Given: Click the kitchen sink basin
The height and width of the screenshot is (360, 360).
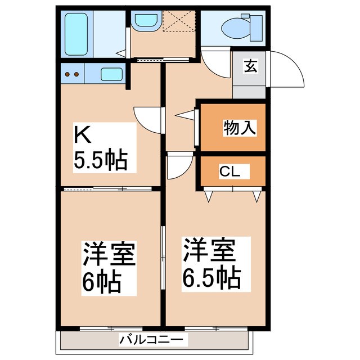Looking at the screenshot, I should (x=112, y=74).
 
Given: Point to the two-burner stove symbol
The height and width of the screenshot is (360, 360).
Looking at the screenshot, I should (x=71, y=74).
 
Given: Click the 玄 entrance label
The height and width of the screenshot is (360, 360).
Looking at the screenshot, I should (x=251, y=66).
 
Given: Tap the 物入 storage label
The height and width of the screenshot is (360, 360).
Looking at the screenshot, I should (x=240, y=128).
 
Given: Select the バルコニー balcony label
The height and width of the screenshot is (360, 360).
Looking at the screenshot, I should (x=151, y=340).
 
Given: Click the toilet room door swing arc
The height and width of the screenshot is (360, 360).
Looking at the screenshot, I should (x=215, y=64).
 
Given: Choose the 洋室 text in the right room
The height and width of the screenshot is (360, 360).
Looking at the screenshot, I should (x=208, y=250).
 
